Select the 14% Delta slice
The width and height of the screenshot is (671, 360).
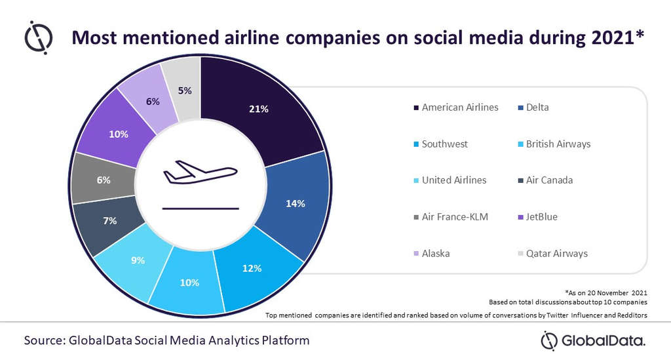pos(295,203)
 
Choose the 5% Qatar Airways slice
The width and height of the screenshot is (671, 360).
pos(185,90)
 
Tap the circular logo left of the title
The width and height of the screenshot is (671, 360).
pos(38,38)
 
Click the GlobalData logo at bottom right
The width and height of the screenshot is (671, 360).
pos(592,340)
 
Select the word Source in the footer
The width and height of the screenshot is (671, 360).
pos(47,340)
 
